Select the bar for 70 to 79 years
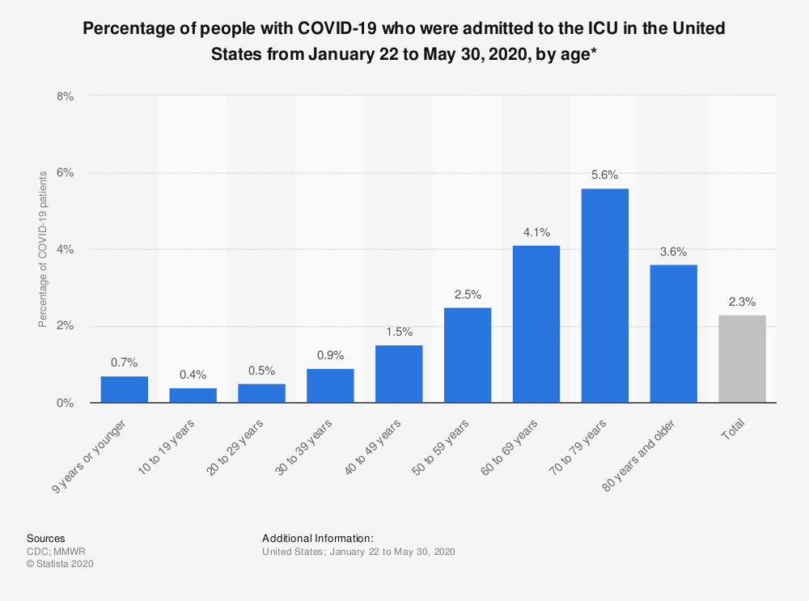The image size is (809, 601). coord(604,295)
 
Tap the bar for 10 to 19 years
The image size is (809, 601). coord(193,395)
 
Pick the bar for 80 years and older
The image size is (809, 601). coord(673,333)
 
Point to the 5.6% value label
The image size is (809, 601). coord(604,175)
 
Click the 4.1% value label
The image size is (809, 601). coord(536,232)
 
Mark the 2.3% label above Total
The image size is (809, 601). coord(742,302)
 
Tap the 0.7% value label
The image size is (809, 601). coord(124,363)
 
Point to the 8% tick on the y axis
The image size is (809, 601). coord(65,95)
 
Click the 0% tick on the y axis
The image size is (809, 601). coord(65,403)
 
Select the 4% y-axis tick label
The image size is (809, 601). coord(65,249)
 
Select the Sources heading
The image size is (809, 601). coord(46,538)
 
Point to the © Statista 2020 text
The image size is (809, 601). coord(61,564)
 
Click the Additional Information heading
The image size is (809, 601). coord(318,538)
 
